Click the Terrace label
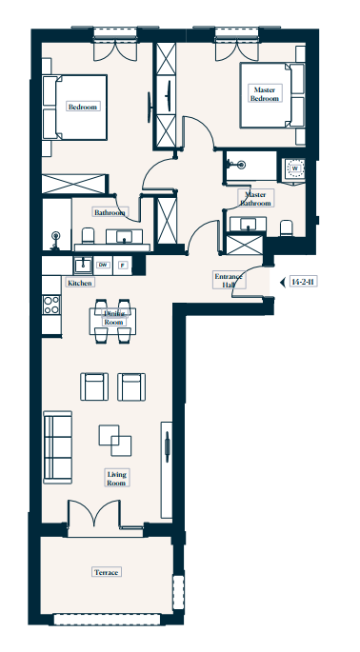click(106, 572)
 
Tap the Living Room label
click(116, 479)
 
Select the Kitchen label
click(79, 283)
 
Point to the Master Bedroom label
click(264, 94)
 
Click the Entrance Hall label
click(229, 281)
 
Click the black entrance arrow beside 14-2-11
click(282, 283)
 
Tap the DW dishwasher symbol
click(103, 265)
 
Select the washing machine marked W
click(294, 168)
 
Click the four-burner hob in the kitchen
click(51, 305)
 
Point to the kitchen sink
click(83, 265)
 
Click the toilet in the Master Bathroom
click(287, 228)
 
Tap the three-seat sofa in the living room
click(57, 447)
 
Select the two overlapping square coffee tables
click(115, 441)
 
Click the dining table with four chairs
click(112, 321)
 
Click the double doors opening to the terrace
click(95, 514)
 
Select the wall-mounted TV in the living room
click(167, 446)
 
